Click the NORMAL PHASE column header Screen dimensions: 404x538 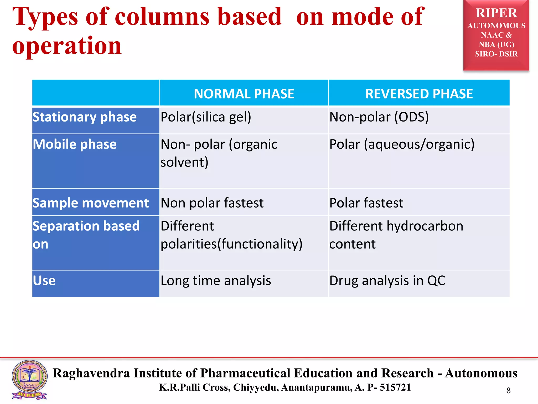244,94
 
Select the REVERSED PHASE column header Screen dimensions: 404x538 419,94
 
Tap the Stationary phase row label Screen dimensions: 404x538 85,117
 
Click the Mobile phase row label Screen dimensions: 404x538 75,144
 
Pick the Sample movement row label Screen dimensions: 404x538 91,203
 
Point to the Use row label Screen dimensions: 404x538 44,281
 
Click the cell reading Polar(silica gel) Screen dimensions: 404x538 206,117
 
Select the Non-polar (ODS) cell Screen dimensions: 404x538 379,117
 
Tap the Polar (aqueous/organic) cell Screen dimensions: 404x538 402,144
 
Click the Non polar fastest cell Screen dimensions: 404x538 212,203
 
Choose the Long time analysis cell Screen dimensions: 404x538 216,281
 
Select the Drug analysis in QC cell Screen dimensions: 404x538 387,281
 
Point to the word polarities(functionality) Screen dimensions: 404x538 231,244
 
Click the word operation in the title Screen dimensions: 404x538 67,46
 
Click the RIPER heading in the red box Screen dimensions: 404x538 496,13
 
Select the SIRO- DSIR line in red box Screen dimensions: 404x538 496,54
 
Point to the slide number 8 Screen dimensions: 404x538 508,391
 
